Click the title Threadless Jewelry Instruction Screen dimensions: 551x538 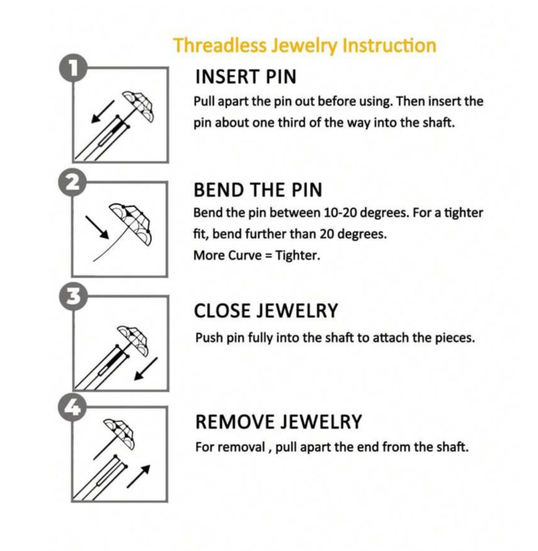tap(304, 45)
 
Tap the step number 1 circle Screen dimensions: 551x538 tap(73, 69)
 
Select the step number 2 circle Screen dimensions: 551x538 tap(73, 182)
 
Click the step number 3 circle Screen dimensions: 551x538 tap(73, 296)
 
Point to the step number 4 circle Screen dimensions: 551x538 tap(73, 408)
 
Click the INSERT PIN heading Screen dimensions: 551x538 tap(245, 77)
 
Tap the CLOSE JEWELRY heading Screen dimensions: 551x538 tap(266, 311)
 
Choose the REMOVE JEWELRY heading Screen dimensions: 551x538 tap(278, 422)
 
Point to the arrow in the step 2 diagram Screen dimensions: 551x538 tap(98, 225)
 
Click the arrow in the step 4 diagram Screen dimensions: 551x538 tap(138, 476)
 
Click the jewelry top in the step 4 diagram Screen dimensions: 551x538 tap(120, 433)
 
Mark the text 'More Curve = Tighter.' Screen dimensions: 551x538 tap(256, 255)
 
